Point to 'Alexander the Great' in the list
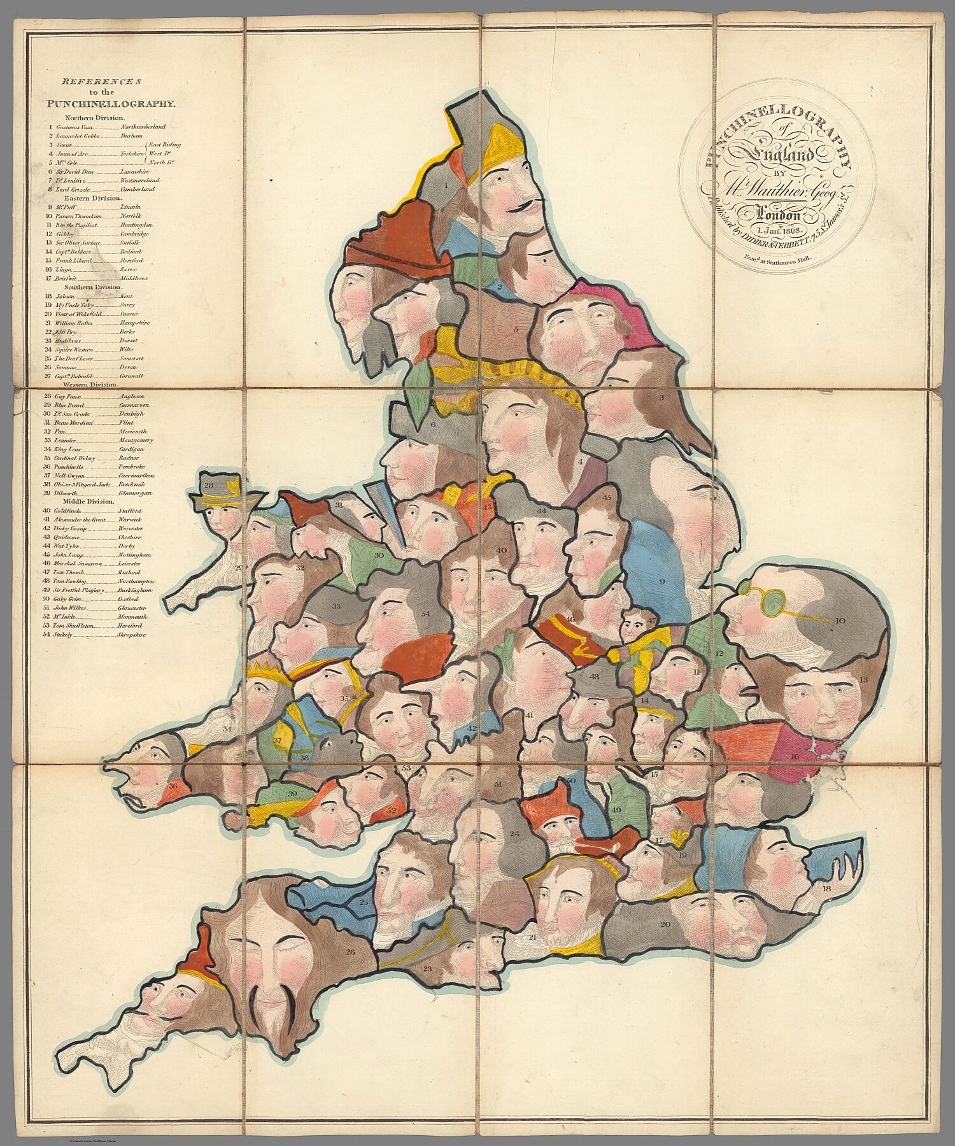(81, 520)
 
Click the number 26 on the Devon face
(350, 952)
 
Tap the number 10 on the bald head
(839, 620)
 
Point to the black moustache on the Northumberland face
(525, 205)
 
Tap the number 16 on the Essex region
(795, 756)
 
